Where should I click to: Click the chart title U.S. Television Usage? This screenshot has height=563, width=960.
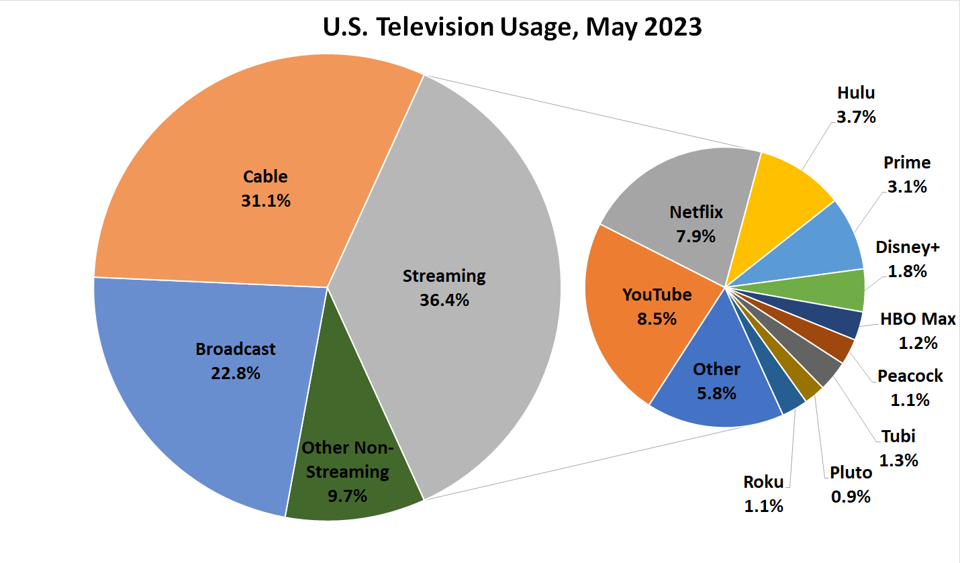click(512, 28)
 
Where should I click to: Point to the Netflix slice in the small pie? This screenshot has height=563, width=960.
click(678, 195)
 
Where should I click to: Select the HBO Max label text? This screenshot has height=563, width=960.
click(918, 319)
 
